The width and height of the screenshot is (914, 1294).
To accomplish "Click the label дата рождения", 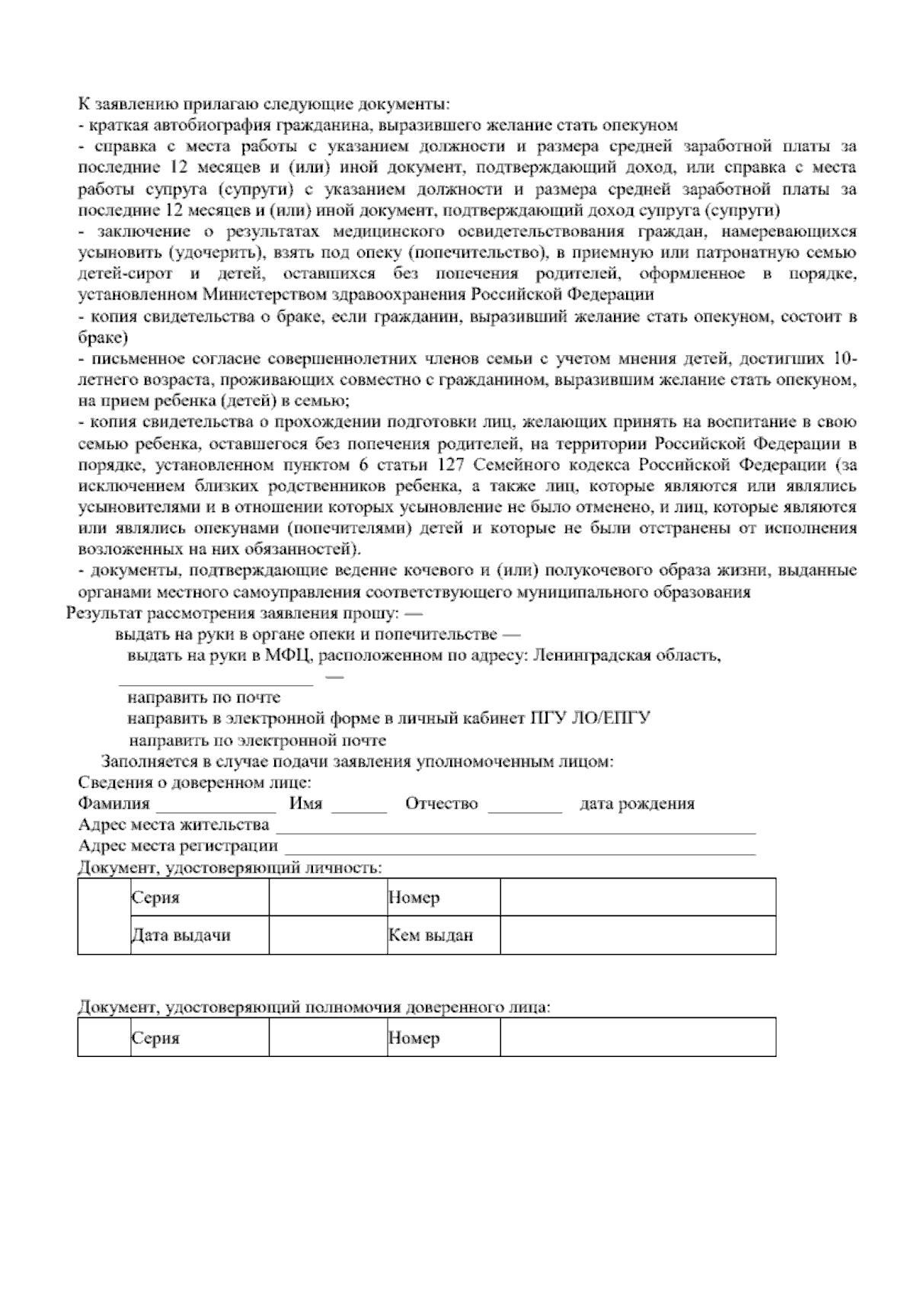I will coord(637,804).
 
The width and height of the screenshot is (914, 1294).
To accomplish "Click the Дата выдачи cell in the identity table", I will coord(181,935).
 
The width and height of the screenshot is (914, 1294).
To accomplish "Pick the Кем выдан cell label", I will coord(430,935).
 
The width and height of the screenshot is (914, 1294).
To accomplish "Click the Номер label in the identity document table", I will coord(414,898).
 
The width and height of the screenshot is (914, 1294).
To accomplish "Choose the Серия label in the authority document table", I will coord(155,1038).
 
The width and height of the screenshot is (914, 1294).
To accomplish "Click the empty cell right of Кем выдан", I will coord(637,935).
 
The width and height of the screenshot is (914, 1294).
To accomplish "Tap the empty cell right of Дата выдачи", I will coord(328,935).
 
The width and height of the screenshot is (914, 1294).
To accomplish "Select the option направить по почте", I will coord(203,697).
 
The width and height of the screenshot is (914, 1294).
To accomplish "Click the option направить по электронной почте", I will coord(257,740).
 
